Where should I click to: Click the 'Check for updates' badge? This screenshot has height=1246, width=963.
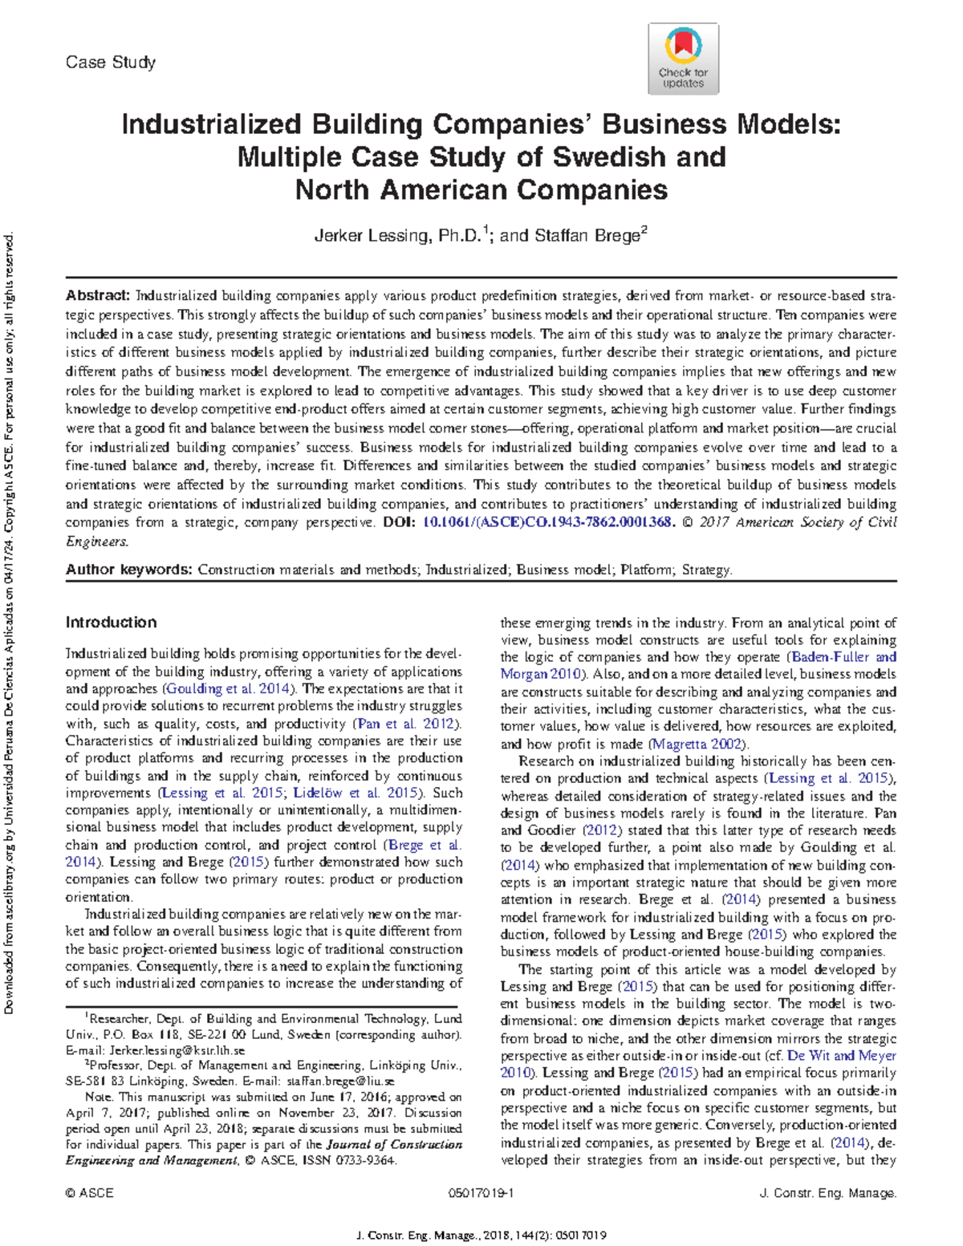(683, 59)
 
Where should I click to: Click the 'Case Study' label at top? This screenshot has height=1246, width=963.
(111, 63)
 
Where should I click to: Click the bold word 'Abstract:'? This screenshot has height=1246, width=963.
(98, 296)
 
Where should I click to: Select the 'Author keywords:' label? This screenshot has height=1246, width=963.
(129, 570)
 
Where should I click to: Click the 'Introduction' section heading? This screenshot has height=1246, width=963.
(111, 623)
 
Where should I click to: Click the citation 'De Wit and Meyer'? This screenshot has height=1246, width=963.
(842, 1056)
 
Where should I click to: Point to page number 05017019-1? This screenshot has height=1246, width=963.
(481, 1193)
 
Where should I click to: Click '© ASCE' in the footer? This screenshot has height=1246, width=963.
(90, 1193)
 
